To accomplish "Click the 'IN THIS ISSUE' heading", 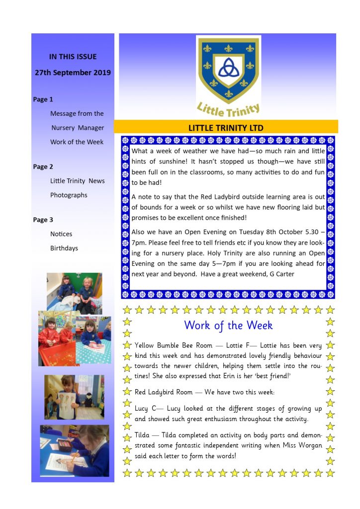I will coord(73,57).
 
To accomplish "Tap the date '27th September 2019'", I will coord(73,73).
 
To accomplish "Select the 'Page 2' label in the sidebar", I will coord(43,167).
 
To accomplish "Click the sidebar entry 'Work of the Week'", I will coord(77,142).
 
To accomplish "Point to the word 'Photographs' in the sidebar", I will coord(69,195).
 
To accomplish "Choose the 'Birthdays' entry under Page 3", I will coord(64,248).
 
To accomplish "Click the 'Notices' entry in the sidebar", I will coord(61,234).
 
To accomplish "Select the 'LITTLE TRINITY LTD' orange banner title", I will coord(226,128).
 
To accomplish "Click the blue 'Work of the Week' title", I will coord(228,325).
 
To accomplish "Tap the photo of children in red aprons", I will coord(75,338).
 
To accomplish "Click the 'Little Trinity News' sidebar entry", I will coord(77,181).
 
